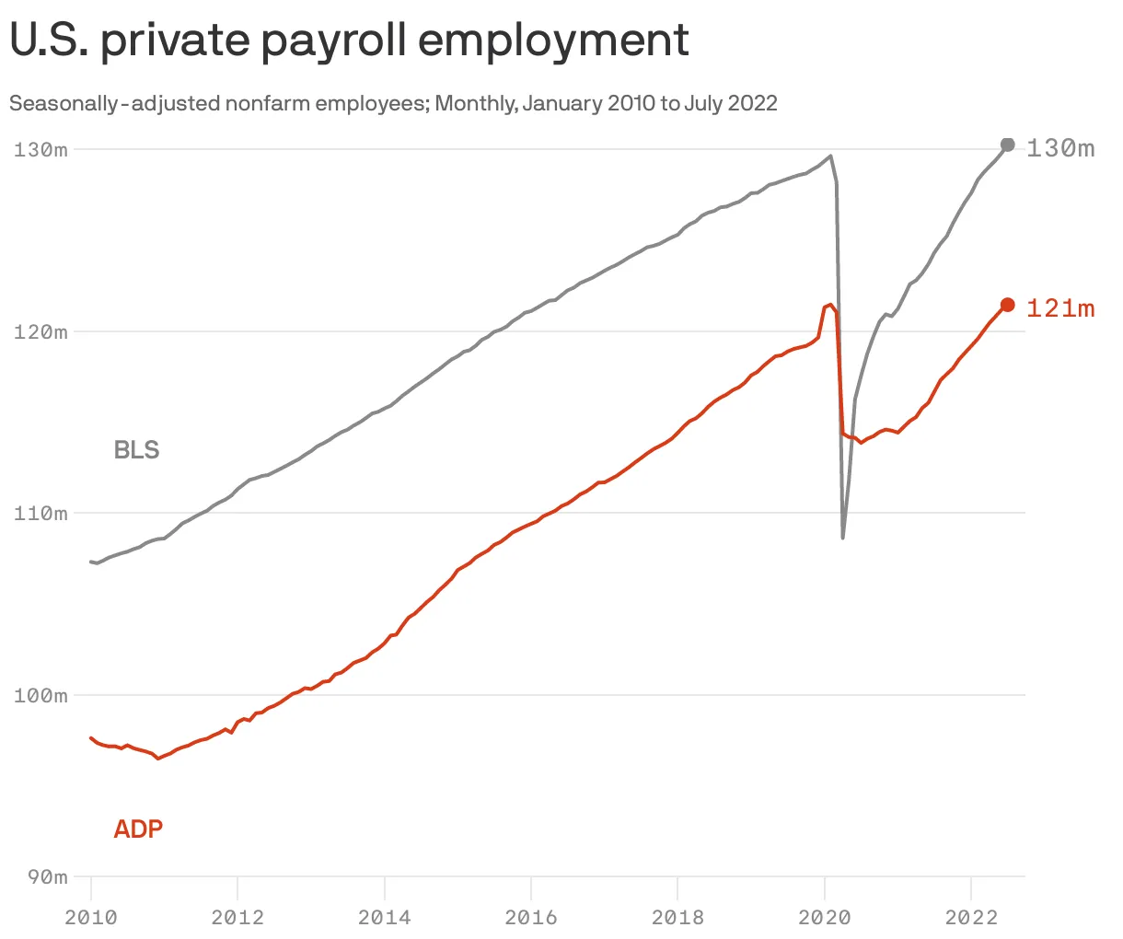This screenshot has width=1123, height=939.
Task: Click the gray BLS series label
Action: tap(136, 450)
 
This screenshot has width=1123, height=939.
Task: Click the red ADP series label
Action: tap(138, 829)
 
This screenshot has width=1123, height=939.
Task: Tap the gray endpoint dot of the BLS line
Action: tap(1007, 145)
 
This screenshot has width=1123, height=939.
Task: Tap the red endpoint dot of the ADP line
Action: tap(1007, 305)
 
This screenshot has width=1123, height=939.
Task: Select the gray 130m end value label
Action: tap(1060, 148)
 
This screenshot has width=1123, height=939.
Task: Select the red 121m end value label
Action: tap(1060, 308)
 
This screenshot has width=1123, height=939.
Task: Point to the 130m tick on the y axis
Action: tap(41, 149)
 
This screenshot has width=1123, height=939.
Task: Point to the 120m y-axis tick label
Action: tap(41, 331)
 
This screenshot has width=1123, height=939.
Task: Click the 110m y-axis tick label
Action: tap(41, 514)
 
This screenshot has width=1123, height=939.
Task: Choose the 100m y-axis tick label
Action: tap(41, 695)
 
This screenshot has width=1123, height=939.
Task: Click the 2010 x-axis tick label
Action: tap(91, 917)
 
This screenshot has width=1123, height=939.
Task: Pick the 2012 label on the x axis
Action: tap(237, 917)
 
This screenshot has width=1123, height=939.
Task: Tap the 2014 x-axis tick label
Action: tap(384, 917)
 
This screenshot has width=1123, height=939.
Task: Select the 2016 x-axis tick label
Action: tap(531, 917)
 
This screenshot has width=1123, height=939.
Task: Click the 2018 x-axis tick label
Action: tap(677, 917)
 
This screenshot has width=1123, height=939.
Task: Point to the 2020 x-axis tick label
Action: tap(825, 917)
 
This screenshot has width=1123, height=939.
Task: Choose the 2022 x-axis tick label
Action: tap(971, 917)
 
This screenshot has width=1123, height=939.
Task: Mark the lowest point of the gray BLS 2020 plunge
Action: tap(842, 538)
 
